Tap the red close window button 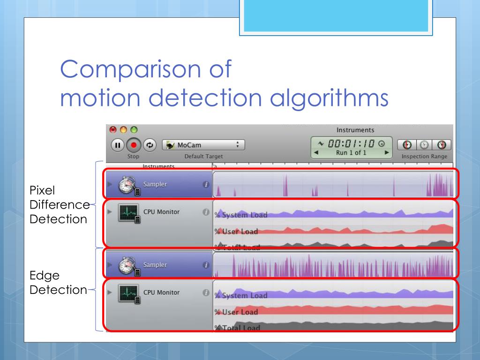pyautogui.click(x=112, y=129)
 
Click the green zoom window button pyautogui.click(x=134, y=129)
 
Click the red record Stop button pyautogui.click(x=134, y=145)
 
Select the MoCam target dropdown pyautogui.click(x=203, y=145)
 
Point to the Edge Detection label pyautogui.click(x=58, y=283)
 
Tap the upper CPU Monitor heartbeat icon pyautogui.click(x=128, y=213)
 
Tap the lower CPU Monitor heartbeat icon pyautogui.click(x=128, y=293)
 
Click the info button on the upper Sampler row pyautogui.click(x=205, y=185)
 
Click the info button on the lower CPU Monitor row pyautogui.click(x=205, y=292)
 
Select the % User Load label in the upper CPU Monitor pyautogui.click(x=236, y=232)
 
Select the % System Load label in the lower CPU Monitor pyautogui.click(x=241, y=295)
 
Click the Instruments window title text pyautogui.click(x=355, y=130)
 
